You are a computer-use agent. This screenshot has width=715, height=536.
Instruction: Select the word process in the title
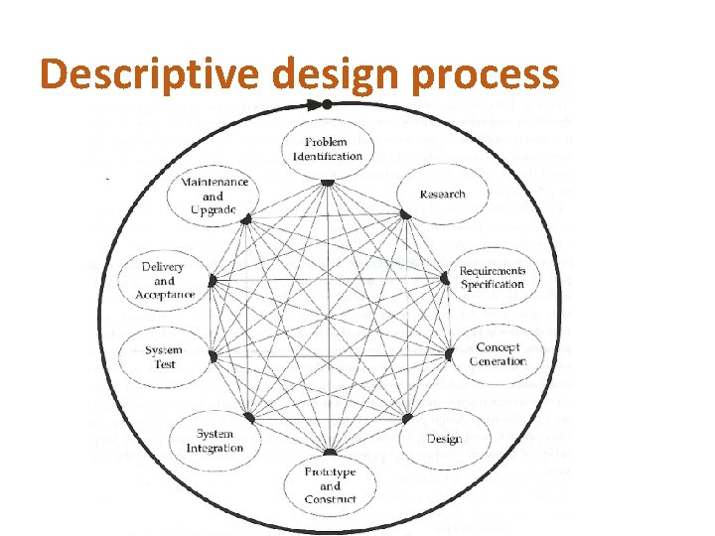coord(493,74)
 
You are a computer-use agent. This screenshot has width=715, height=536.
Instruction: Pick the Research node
coord(442,194)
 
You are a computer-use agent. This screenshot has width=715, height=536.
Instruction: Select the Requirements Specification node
coord(493,278)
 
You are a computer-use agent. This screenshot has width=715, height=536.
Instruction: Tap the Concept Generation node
coord(498,354)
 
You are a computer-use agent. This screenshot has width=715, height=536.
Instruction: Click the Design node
coord(444,439)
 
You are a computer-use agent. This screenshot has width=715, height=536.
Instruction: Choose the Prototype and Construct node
coord(330,484)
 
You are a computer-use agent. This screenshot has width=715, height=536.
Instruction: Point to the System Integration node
coord(214,441)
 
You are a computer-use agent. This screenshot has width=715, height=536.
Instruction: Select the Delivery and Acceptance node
coord(164,281)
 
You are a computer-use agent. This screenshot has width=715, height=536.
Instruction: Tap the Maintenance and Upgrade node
coord(214,197)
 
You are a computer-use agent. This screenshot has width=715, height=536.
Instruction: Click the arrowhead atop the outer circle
coord(327,103)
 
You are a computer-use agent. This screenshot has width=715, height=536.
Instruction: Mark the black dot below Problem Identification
coord(328,182)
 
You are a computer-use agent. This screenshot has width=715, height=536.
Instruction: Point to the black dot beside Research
coord(405,214)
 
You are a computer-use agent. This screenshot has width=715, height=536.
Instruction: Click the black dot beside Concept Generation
coord(449,354)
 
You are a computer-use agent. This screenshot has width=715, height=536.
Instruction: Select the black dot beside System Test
coord(212,353)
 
